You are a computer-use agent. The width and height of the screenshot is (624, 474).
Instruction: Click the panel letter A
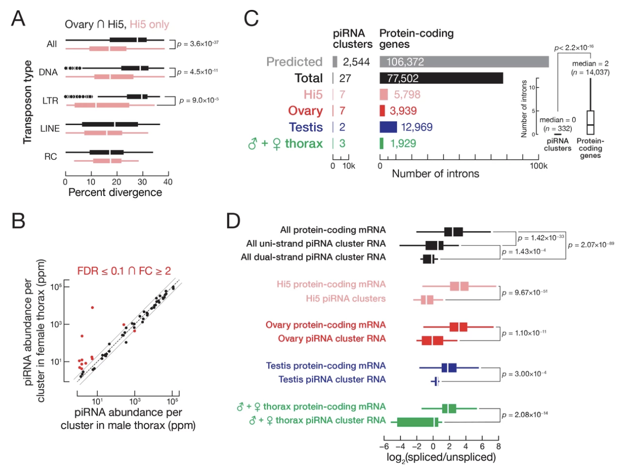click(18, 19)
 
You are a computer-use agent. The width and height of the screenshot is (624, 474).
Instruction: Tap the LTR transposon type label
click(50, 100)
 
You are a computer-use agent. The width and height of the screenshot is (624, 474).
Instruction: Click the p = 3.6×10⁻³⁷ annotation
click(198, 44)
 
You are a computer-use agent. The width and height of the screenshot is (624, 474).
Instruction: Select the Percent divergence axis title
click(115, 192)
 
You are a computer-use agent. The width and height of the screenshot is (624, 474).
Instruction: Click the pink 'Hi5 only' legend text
click(149, 24)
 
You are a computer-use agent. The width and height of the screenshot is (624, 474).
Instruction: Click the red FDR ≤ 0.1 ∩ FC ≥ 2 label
click(124, 271)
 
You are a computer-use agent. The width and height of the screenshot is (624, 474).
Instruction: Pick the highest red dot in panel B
click(92, 307)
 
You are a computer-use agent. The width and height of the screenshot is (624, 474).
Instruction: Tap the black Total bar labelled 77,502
click(441, 78)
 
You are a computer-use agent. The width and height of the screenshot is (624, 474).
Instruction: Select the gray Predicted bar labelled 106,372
click(464, 62)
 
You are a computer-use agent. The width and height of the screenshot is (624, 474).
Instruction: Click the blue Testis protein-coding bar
click(388, 127)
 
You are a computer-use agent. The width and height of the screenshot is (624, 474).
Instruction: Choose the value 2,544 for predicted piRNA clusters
click(356, 62)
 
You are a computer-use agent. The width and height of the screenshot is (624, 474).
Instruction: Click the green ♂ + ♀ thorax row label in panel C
click(285, 143)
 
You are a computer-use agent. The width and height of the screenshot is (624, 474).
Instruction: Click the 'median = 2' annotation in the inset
click(590, 63)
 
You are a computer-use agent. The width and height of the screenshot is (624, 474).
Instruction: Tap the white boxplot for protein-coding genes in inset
click(590, 122)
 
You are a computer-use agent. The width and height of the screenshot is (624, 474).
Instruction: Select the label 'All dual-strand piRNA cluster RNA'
click(313, 257)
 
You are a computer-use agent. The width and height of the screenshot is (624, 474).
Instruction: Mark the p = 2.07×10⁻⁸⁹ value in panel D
click(591, 245)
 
